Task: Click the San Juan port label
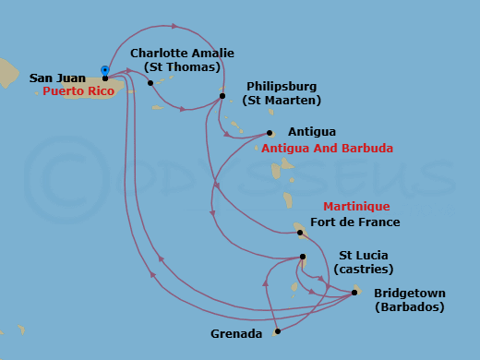57,78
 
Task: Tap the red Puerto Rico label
78,92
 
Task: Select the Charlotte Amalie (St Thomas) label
175,60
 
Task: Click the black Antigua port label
311,132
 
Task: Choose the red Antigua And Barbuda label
327,148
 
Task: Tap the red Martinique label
355,207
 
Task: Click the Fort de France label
355,222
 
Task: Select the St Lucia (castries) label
366,262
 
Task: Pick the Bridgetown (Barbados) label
408,300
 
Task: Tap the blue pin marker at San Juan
105,70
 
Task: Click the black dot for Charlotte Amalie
150,83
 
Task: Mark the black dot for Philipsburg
222,95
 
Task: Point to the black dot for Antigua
270,133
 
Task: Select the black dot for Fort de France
300,233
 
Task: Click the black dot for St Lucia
303,258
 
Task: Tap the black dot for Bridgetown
355,293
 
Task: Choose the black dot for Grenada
278,330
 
